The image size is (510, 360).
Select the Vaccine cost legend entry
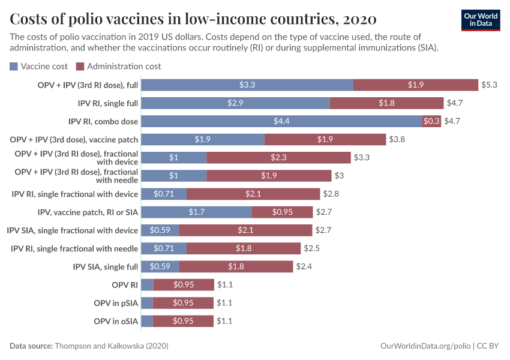[x=39, y=66]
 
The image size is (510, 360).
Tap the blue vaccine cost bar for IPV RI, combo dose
[x=281, y=121]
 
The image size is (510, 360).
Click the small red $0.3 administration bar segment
[x=431, y=121]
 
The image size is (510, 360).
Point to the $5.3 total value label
[x=489, y=85]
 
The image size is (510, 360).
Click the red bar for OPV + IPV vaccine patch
[x=325, y=139]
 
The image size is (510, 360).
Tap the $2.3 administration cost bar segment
[x=278, y=158]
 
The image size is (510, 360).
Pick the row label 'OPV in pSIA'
[x=116, y=303]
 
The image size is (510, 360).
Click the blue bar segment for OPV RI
[x=147, y=285]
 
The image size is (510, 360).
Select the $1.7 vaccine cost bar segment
[x=196, y=212]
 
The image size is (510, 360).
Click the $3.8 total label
[x=397, y=139]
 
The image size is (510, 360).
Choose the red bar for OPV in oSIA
[x=183, y=322]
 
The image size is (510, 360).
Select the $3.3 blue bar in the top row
[x=247, y=85]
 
